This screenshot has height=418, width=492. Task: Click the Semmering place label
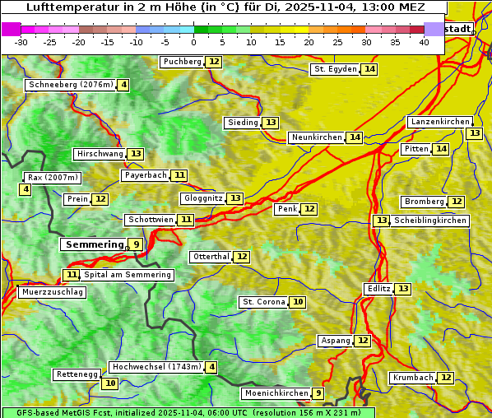(93, 244)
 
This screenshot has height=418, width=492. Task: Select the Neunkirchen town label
(316, 137)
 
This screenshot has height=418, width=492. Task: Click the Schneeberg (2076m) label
(70, 85)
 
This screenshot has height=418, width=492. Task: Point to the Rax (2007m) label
(53, 177)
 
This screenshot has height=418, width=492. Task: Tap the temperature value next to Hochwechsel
(211, 367)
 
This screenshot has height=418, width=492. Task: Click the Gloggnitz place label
(202, 198)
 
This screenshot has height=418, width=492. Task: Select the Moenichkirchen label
(276, 393)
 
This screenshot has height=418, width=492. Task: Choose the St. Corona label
(263, 302)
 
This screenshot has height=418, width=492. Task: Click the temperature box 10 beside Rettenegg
(109, 383)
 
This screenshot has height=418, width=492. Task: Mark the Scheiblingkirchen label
(429, 221)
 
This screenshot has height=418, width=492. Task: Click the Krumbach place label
(412, 378)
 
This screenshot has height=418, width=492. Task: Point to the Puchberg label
(182, 62)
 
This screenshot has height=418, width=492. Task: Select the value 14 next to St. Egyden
(370, 69)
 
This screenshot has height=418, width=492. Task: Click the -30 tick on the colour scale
(21, 41)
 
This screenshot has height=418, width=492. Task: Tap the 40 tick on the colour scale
(424, 41)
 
